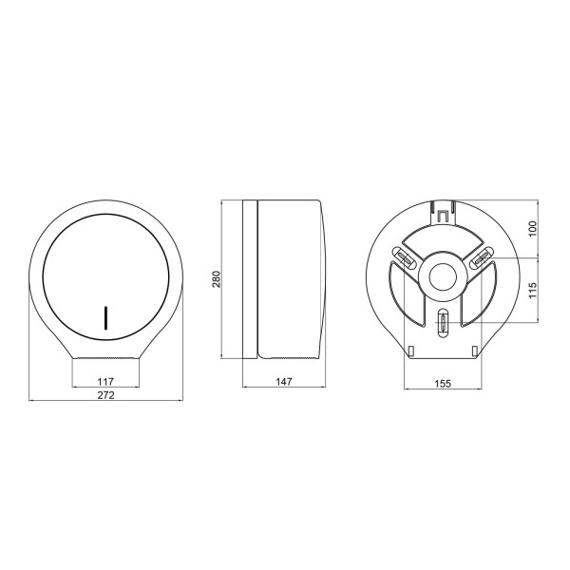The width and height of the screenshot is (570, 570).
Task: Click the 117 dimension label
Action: [105, 382]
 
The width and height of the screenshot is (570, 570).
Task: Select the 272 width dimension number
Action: [105, 395]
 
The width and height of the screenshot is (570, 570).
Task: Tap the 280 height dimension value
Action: [217, 278]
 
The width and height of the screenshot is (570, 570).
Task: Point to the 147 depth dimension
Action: [284, 382]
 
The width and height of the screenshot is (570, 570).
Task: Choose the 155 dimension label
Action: [443, 384]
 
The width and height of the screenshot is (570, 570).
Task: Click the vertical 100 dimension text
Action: [533, 229]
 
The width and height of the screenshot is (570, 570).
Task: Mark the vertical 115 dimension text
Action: [533, 291]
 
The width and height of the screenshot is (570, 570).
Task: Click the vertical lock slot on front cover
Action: [105, 317]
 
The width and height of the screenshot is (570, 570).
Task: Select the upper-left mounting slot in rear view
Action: [405, 258]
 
